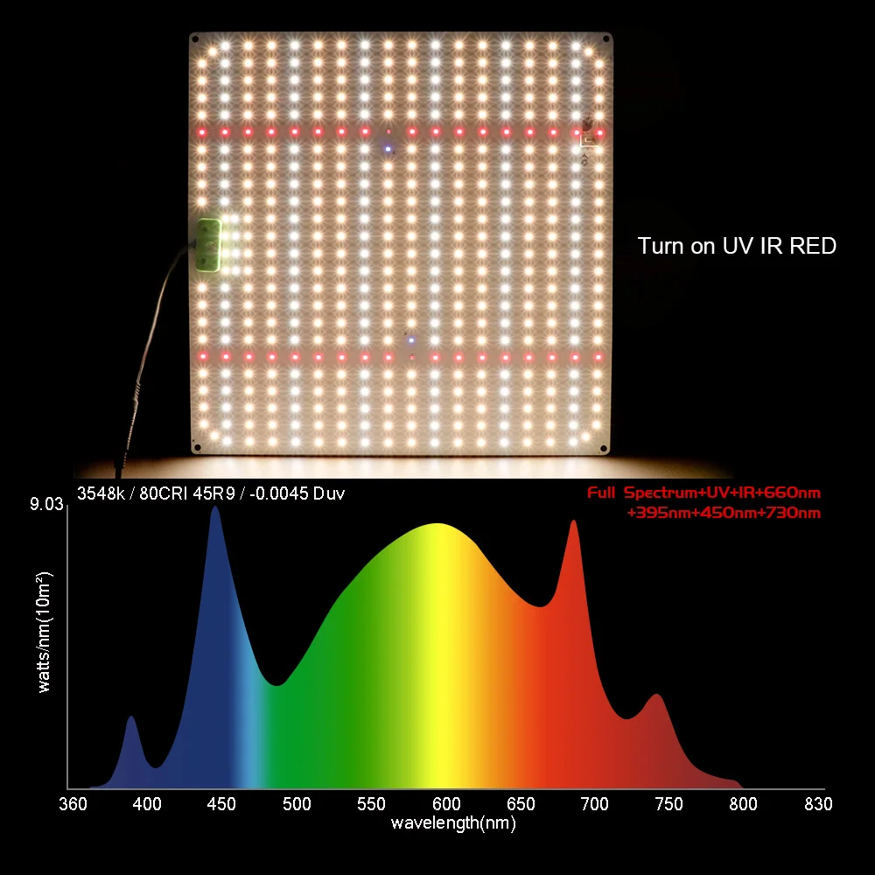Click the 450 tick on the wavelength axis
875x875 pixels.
click(222, 804)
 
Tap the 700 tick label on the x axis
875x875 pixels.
click(595, 804)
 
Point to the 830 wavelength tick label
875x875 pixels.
click(818, 804)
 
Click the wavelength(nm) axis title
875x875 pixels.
click(453, 822)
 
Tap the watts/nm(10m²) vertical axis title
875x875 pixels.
click(45, 632)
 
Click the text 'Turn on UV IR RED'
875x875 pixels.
click(737, 246)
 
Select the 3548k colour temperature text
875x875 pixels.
click(99, 494)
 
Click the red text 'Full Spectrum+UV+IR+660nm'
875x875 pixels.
click(703, 493)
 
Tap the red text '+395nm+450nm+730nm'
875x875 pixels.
click(724, 513)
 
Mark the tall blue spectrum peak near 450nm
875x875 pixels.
click(214, 509)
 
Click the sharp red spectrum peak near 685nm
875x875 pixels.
click(574, 523)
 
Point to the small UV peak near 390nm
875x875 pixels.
click(131, 719)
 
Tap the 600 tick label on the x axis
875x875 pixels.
click(446, 804)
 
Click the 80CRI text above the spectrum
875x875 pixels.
click(156, 494)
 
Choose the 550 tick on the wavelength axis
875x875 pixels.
click(371, 804)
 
